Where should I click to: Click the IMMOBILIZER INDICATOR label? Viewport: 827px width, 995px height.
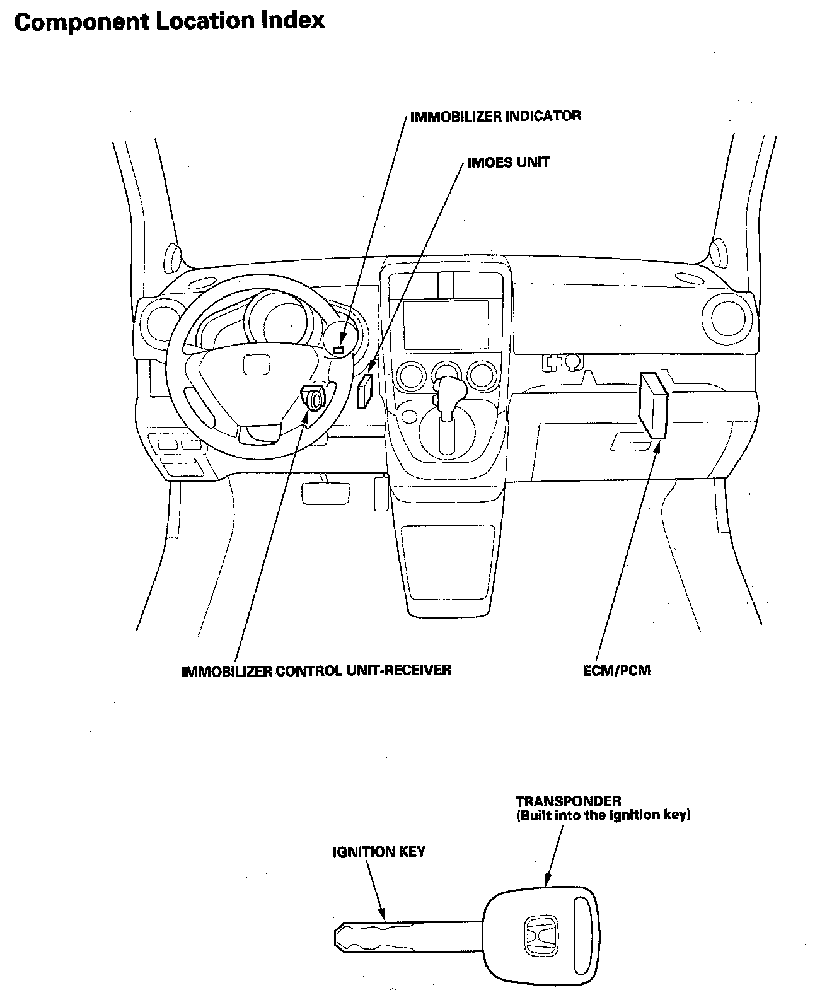click(495, 117)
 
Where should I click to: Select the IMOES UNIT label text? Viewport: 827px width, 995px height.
click(508, 163)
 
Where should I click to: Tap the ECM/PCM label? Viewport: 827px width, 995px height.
click(616, 670)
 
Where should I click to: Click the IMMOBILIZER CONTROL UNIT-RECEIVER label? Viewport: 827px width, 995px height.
click(316, 670)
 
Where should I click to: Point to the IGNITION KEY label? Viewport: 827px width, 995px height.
click(379, 852)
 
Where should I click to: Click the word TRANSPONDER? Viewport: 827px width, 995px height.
click(569, 801)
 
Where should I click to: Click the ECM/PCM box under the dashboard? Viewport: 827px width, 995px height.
click(653, 404)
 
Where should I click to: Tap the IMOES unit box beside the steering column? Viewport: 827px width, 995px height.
click(365, 392)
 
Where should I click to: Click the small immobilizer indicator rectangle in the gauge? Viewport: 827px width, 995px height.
click(339, 349)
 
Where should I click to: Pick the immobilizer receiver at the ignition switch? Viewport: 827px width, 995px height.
click(313, 397)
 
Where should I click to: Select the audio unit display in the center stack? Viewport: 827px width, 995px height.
click(446, 324)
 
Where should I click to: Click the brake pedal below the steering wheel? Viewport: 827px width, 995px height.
click(326, 492)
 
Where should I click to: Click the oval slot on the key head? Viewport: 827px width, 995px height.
click(584, 923)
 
